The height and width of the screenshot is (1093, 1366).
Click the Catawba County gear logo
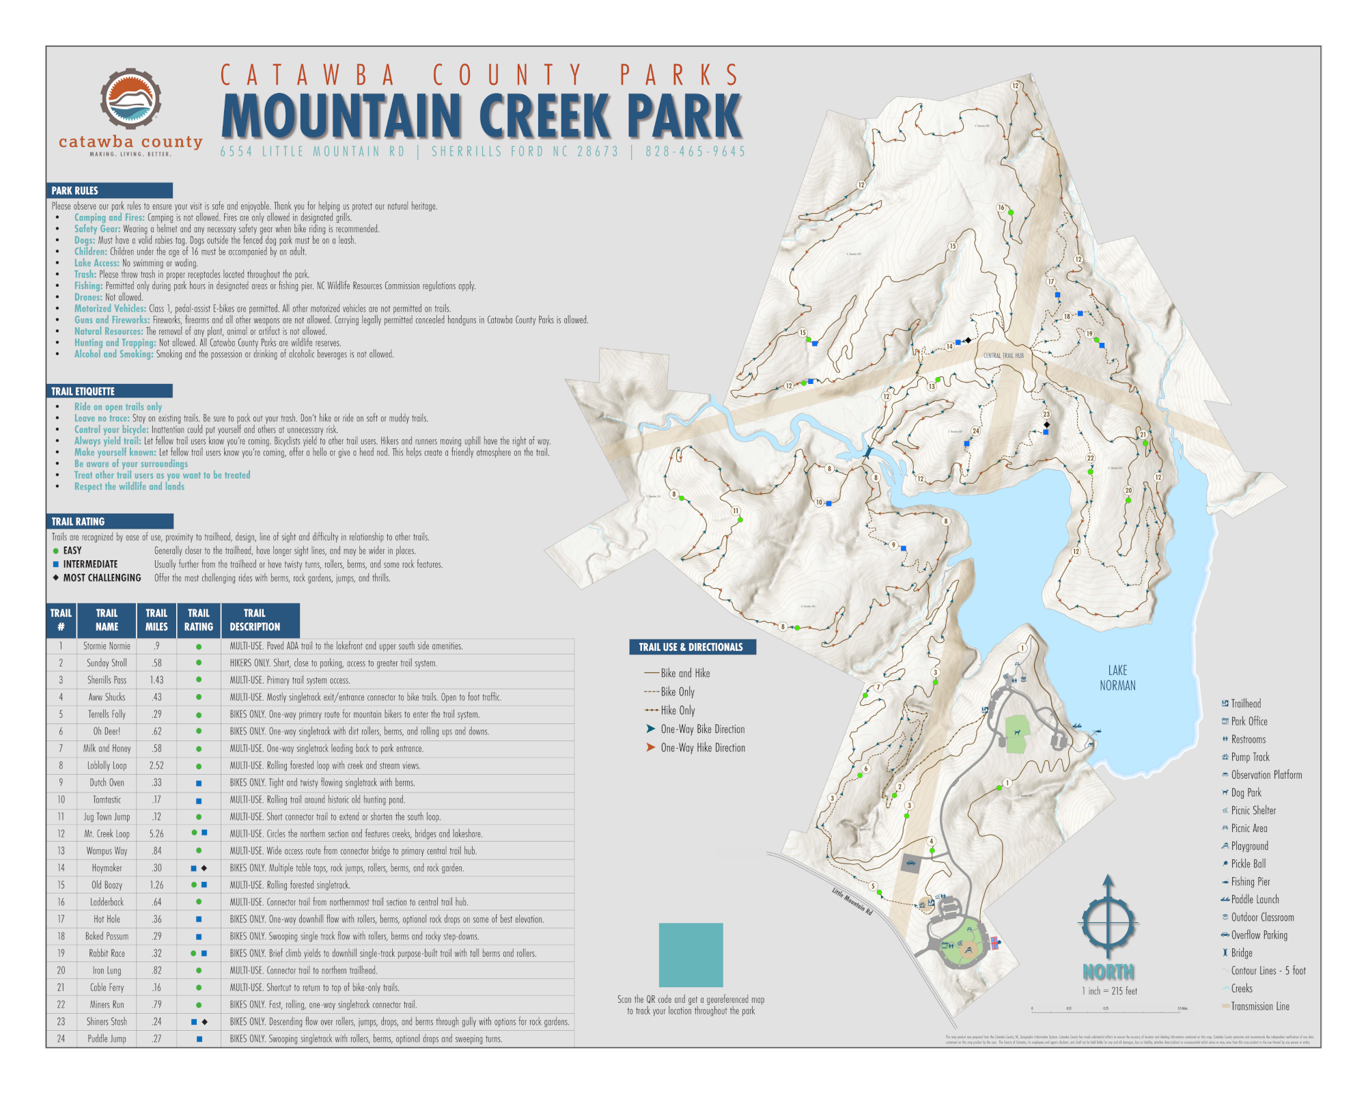pos(130,98)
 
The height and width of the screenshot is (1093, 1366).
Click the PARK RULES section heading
pos(75,191)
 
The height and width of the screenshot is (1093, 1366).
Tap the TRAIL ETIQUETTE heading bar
pos(83,391)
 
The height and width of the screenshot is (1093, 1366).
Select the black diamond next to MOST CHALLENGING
pos(56,577)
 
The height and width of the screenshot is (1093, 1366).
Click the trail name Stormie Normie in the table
pos(107,646)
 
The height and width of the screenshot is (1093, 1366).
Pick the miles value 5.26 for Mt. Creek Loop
pos(156,834)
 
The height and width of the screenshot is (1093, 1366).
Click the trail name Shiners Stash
pos(107,1022)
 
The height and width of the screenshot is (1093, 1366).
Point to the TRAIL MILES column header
pos(156,620)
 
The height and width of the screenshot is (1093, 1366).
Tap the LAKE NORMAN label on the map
pos(1117,678)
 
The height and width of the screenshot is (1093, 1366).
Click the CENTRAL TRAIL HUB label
pos(1003,355)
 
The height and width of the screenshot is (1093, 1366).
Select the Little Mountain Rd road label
pos(852,901)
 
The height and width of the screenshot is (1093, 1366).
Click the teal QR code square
pos(691,955)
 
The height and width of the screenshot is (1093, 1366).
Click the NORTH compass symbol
pos(1108,919)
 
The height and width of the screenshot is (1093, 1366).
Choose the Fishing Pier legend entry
pos(1250,882)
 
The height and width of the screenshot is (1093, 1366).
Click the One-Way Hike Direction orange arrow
pos(650,747)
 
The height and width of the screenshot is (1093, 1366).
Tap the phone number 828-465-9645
pos(695,152)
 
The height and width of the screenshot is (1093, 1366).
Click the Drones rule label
pos(88,297)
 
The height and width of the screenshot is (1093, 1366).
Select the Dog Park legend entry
pos(1246,792)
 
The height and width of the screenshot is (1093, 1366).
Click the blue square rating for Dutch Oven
pos(199,784)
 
